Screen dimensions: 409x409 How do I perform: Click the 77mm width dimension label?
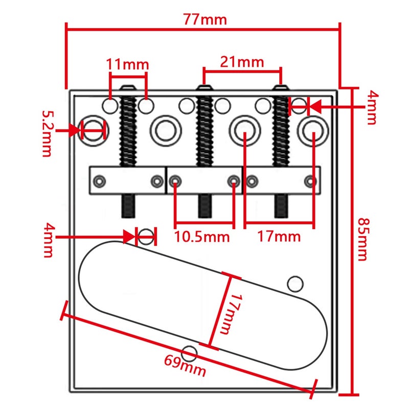pos(205,19)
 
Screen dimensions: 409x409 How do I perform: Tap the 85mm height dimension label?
pos(363,239)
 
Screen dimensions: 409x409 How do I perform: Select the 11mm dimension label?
pos(127,64)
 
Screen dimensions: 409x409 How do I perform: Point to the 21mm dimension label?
pos(242,62)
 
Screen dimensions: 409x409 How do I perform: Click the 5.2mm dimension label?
pos(47,133)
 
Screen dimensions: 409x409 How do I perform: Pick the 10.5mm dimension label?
pos(201,237)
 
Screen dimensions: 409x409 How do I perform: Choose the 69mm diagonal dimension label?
pos(185,366)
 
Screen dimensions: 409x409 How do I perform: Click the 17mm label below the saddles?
pos(279,237)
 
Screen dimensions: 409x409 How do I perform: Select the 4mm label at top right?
pos(372,107)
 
